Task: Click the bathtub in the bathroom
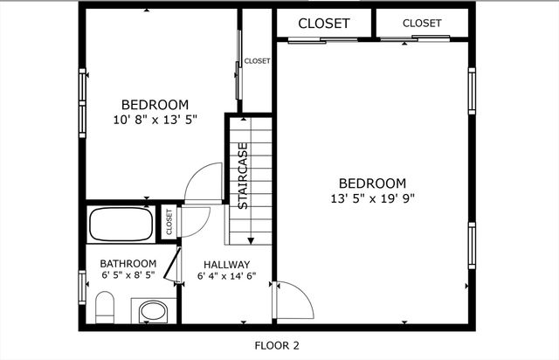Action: coord(121,224)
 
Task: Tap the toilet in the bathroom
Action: coord(105,308)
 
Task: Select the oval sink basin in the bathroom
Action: coord(153,311)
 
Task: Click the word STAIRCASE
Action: coord(243,176)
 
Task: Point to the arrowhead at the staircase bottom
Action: coord(251,241)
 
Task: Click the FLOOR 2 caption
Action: coord(277,345)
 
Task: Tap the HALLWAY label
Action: coord(227,265)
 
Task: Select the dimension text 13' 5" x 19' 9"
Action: coord(373,198)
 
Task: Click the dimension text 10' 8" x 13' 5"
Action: coord(155,120)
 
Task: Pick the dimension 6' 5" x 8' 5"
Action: coord(128,274)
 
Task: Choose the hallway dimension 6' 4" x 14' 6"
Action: coord(227,276)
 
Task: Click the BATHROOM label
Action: coord(128,264)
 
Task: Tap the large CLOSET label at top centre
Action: coord(324,24)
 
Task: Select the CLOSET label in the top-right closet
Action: coord(422,24)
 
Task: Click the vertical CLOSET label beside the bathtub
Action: coord(169,222)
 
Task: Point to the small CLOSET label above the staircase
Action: coord(257,61)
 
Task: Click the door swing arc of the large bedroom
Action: coord(301,294)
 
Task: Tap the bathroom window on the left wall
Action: coord(82,287)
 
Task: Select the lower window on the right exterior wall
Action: coord(472,246)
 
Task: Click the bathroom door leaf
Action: coord(171,264)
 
